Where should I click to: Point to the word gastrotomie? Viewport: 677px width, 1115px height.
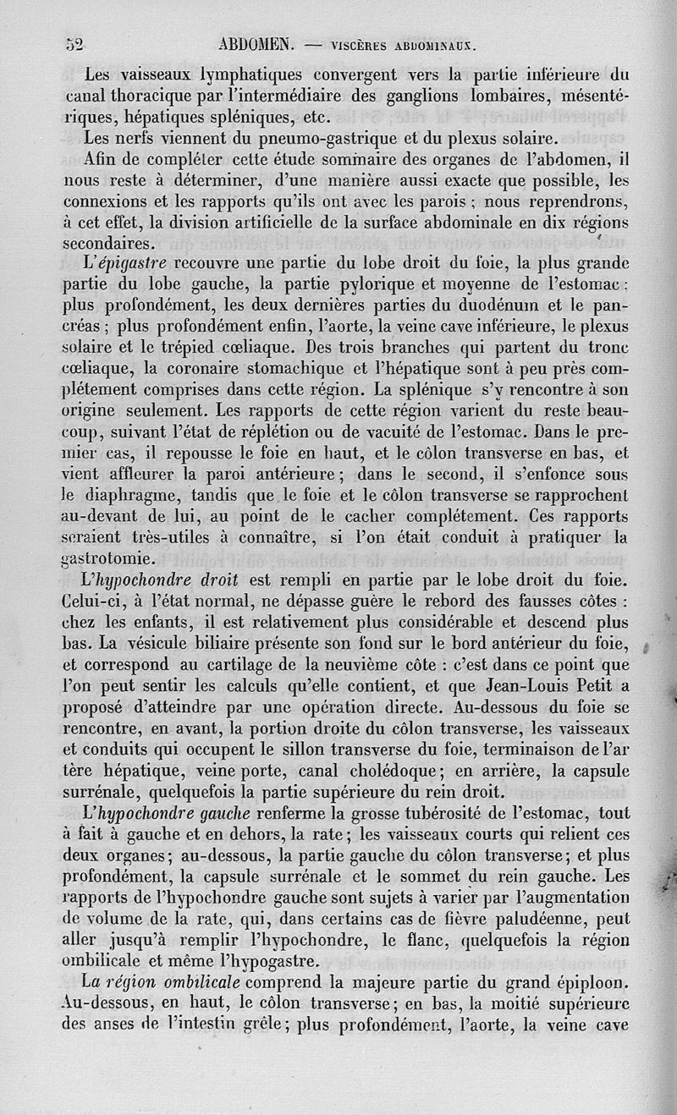[110, 559]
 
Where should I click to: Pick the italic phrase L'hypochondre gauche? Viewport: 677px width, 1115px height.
[166, 813]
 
